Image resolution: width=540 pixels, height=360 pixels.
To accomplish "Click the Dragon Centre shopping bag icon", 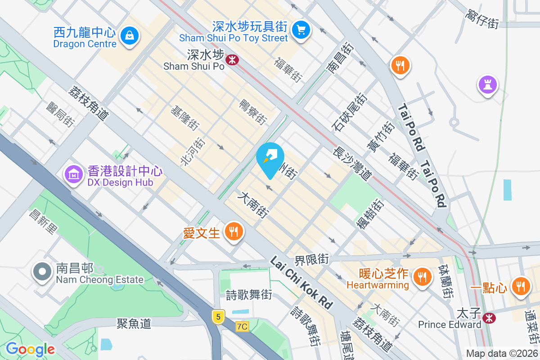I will click(130, 35).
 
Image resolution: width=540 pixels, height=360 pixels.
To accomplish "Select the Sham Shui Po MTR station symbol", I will click(232, 59).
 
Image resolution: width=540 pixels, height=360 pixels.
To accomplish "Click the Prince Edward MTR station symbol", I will click(488, 318).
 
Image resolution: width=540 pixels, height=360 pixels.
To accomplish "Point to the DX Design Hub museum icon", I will click(72, 174).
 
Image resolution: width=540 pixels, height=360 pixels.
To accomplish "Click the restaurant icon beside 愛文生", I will click(233, 232).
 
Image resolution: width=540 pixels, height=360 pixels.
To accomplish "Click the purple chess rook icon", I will click(488, 84).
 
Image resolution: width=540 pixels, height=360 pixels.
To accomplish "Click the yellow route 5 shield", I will click(218, 317).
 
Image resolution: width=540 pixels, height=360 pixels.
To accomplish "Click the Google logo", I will click(30, 349).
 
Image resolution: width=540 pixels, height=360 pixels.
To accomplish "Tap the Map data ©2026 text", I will click(502, 354).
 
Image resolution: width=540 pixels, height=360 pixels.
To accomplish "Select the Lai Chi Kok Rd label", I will click(301, 282).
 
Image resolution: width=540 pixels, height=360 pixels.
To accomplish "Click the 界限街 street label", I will click(312, 259).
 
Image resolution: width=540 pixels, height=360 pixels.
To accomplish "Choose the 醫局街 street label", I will click(60, 114).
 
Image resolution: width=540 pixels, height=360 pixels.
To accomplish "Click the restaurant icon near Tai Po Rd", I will click(399, 65).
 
